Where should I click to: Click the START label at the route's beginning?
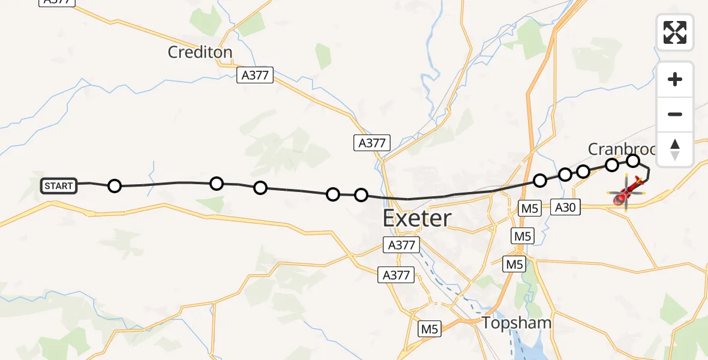tap(58, 186)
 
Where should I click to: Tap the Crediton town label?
tap(200, 52)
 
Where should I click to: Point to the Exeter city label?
tap(417, 218)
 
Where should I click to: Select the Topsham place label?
tap(517, 323)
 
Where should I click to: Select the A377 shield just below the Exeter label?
tap(401, 245)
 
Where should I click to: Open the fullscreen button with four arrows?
tap(675, 32)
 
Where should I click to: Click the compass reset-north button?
tap(675, 149)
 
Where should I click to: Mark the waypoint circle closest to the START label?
tap(115, 186)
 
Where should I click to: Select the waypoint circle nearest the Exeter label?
tap(361, 195)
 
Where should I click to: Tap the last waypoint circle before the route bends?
tap(633, 160)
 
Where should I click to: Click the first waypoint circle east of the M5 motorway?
tap(540, 180)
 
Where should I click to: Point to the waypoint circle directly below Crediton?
tap(217, 184)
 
